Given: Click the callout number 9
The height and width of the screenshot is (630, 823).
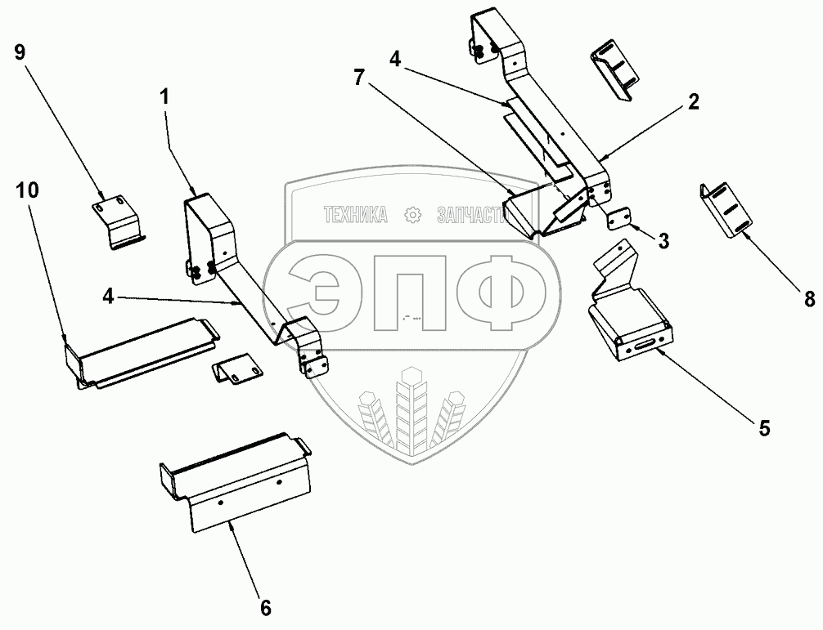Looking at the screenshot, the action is (20, 52).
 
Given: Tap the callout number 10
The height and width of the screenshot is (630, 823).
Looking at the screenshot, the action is (27, 190).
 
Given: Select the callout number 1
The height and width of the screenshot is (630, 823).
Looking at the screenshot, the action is (164, 96).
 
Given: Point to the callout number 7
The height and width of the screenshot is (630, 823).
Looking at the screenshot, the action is (358, 78).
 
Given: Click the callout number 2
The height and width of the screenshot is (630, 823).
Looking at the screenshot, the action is (694, 101).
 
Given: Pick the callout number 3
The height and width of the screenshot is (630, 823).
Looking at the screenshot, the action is (663, 241).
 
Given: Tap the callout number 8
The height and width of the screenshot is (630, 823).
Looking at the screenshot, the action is (809, 299).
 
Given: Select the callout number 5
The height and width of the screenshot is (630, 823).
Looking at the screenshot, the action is (764, 428).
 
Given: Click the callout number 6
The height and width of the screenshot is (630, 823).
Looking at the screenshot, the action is (266, 609).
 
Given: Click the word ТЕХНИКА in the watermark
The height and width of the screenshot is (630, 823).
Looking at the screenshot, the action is (356, 215).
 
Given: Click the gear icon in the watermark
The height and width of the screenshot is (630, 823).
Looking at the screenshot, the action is (412, 214).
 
